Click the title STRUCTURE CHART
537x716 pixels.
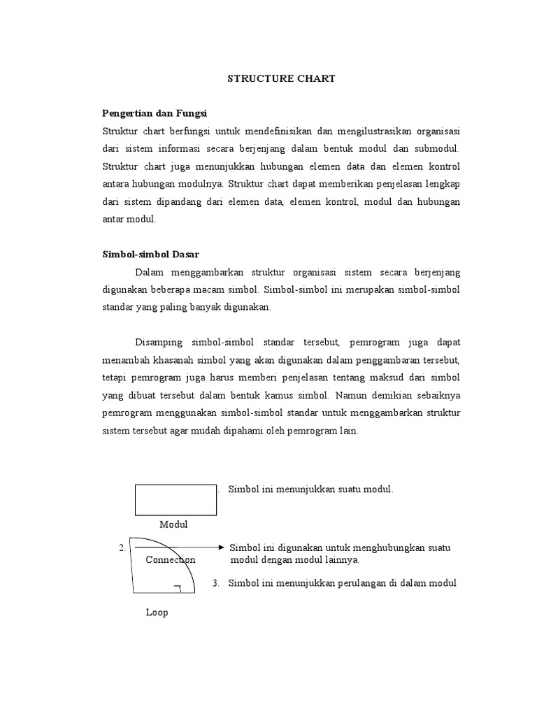[281, 79]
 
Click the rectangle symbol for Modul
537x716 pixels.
[176, 501]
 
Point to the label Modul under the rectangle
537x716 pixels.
[173, 524]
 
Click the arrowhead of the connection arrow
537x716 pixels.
[222, 547]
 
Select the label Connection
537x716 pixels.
[171, 560]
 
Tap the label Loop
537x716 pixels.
[157, 613]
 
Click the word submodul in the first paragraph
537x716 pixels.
[438, 150]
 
